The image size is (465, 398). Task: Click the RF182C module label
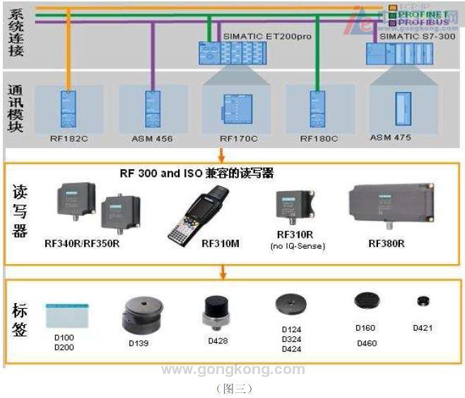[x=69, y=139]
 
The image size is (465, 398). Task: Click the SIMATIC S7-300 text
[x=418, y=35]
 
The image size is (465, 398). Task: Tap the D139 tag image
[x=143, y=315]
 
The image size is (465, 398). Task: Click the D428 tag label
[x=218, y=341]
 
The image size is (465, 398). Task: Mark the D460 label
[x=367, y=343]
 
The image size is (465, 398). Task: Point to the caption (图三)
[x=233, y=388]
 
